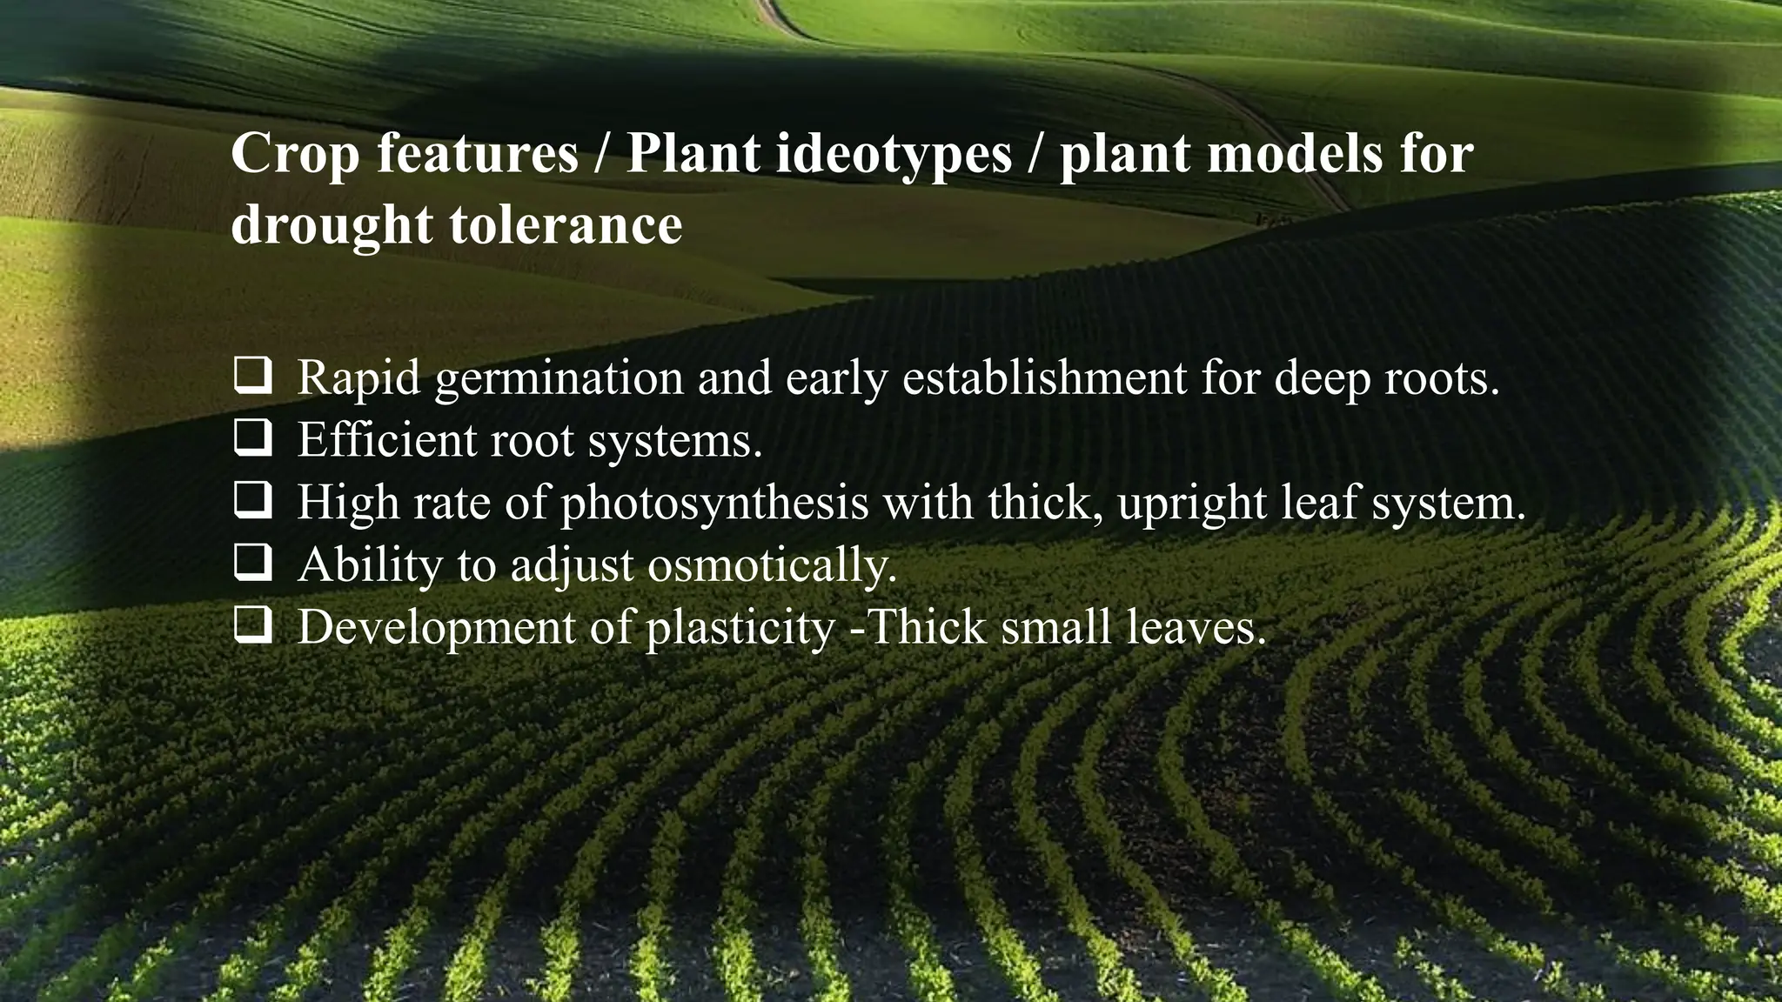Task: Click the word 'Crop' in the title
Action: coord(295,154)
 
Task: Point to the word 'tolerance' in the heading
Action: coord(566,224)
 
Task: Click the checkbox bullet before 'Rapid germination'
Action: coord(252,377)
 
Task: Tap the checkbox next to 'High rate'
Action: coord(252,502)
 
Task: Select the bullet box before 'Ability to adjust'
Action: coord(252,564)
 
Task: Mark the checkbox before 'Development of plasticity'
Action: coord(252,626)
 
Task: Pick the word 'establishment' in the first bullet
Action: coord(1044,377)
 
